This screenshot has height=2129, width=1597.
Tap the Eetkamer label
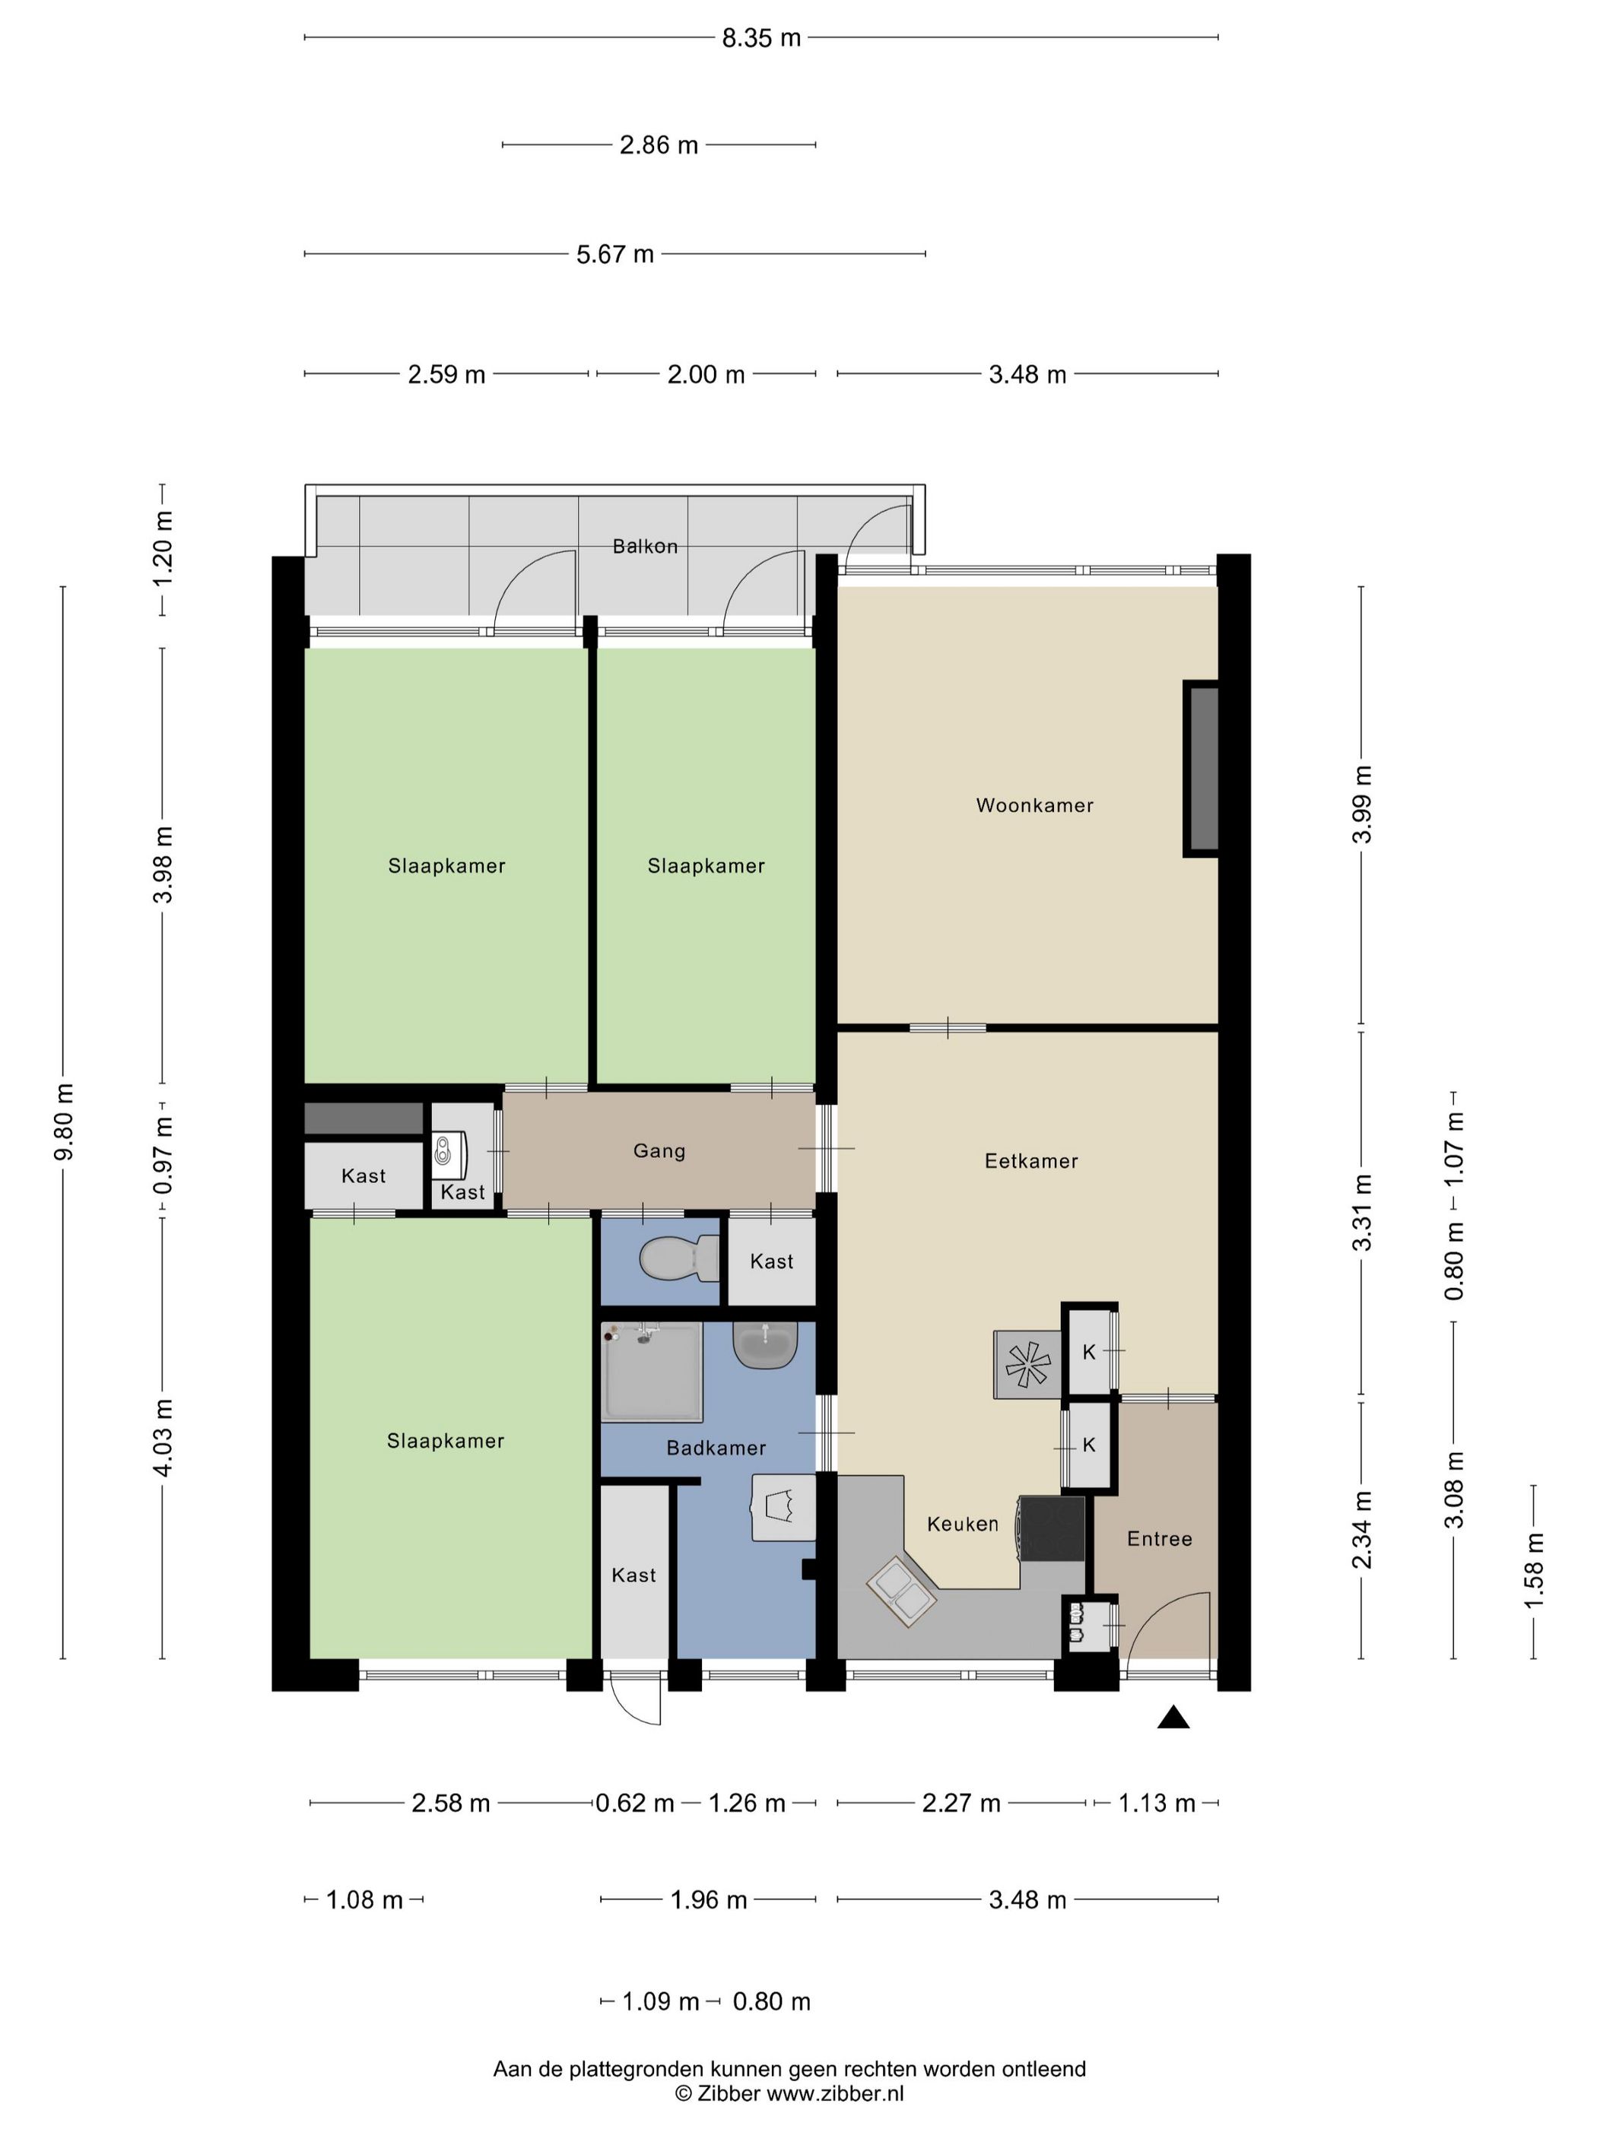(1031, 1161)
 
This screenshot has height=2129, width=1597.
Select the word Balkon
(645, 547)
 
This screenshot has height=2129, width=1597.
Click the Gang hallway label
(659, 1151)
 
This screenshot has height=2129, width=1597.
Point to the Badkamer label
(716, 1448)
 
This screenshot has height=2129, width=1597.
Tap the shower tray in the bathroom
(652, 1371)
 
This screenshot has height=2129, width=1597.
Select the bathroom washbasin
(765, 1344)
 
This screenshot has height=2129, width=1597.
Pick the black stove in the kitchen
(1052, 1528)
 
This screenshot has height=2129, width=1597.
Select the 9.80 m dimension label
(64, 1122)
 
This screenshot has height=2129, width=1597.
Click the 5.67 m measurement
(615, 254)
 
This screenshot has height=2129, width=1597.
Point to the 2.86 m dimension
(659, 145)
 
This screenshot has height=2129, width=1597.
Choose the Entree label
(1159, 1539)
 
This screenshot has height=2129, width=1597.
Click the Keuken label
(963, 1524)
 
